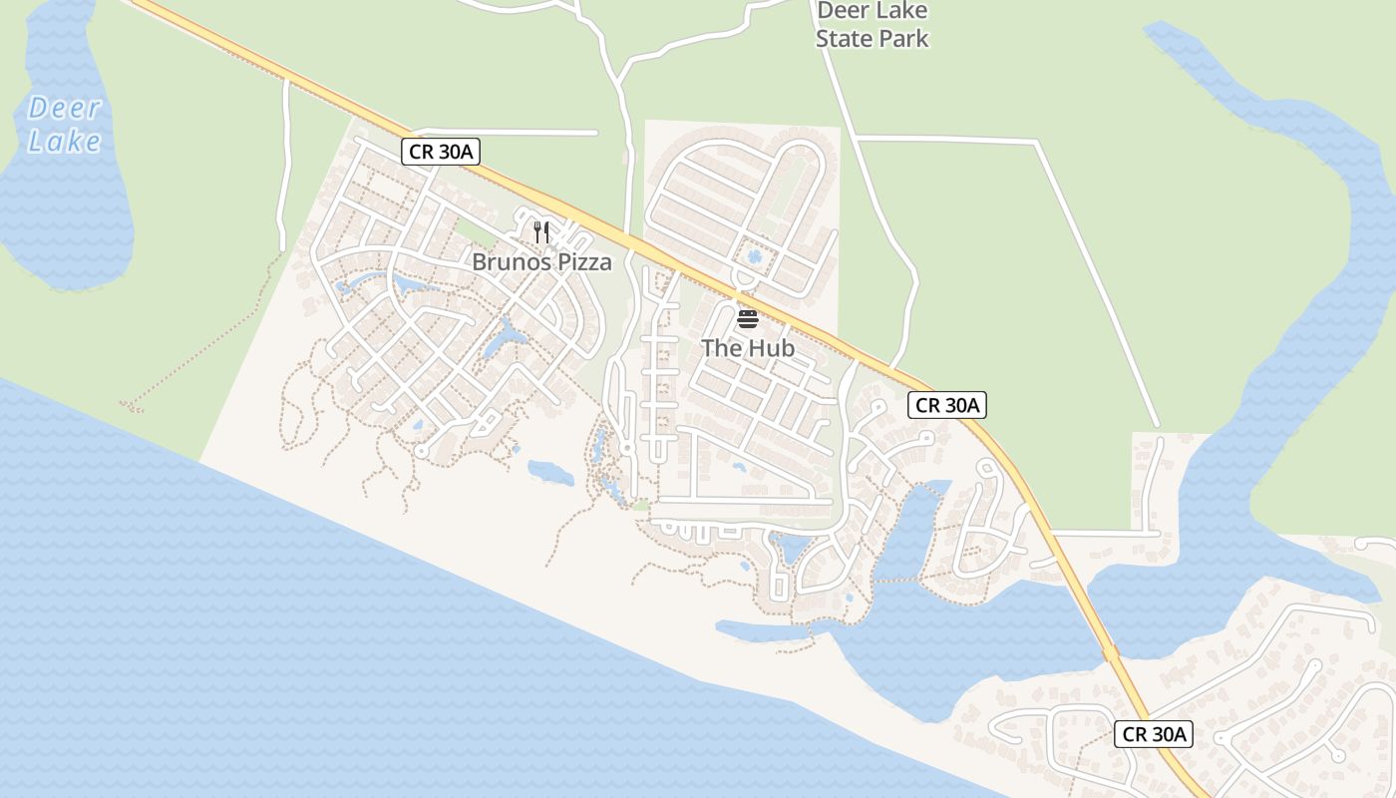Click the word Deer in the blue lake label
[65, 108]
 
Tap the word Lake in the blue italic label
[65, 141]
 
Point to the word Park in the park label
[909, 39]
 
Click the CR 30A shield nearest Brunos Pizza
[441, 152]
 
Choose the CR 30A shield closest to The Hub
[947, 405]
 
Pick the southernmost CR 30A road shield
[1153, 735]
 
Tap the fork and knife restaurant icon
[541, 232]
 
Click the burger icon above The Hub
[747, 319]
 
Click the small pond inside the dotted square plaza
[754, 256]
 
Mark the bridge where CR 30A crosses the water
[1110, 653]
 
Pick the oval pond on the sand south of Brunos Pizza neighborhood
[550, 472]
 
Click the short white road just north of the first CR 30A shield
[509, 132]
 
